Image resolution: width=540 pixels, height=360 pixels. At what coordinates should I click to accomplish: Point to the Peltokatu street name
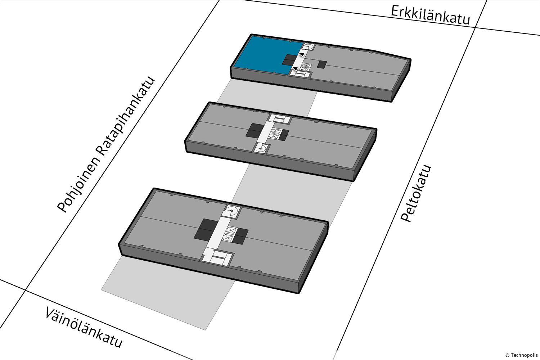(415, 193)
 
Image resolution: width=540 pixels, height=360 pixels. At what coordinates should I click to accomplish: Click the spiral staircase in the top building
(309, 46)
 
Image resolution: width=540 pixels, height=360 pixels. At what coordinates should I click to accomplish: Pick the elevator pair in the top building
(305, 67)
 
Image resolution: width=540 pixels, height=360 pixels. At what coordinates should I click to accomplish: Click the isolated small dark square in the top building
(322, 64)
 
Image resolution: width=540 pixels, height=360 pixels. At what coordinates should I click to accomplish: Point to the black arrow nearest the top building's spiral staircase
(302, 55)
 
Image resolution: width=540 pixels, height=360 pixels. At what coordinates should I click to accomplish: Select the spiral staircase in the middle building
(261, 148)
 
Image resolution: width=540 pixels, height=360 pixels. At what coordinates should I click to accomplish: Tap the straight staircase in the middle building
(280, 119)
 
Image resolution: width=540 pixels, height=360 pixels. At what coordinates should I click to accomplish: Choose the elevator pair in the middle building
(275, 134)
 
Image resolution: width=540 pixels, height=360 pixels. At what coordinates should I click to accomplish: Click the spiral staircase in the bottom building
(231, 211)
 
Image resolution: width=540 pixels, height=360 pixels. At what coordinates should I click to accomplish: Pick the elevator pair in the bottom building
(228, 234)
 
